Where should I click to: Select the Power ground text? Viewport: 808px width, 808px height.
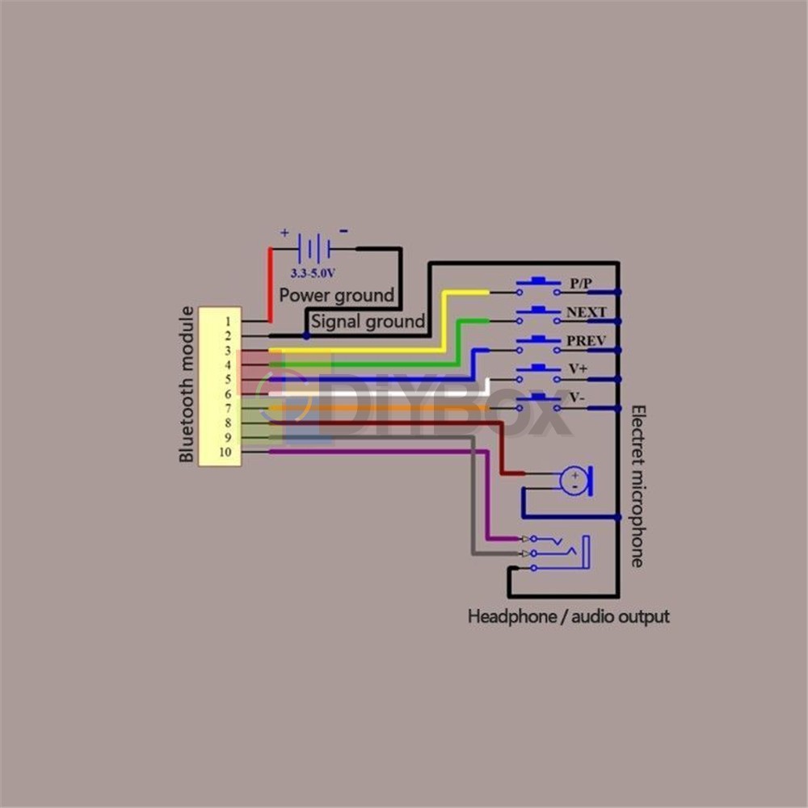point(336,295)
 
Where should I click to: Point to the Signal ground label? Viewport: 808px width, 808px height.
point(368,322)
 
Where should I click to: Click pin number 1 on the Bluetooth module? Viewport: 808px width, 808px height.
point(228,321)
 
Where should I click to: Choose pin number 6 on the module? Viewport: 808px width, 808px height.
point(228,393)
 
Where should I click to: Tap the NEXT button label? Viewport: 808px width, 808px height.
point(586,313)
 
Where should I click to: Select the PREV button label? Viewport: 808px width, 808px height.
point(586,341)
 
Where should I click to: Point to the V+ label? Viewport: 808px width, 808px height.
point(578,369)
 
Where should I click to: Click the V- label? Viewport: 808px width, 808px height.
point(577,398)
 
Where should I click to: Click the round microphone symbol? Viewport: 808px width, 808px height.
point(573,481)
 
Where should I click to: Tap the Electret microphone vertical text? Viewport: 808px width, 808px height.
point(637,485)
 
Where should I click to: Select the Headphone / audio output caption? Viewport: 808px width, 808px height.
point(569,617)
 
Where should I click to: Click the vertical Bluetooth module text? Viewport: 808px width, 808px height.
point(187,385)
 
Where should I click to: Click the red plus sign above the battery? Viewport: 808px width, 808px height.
point(284,233)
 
